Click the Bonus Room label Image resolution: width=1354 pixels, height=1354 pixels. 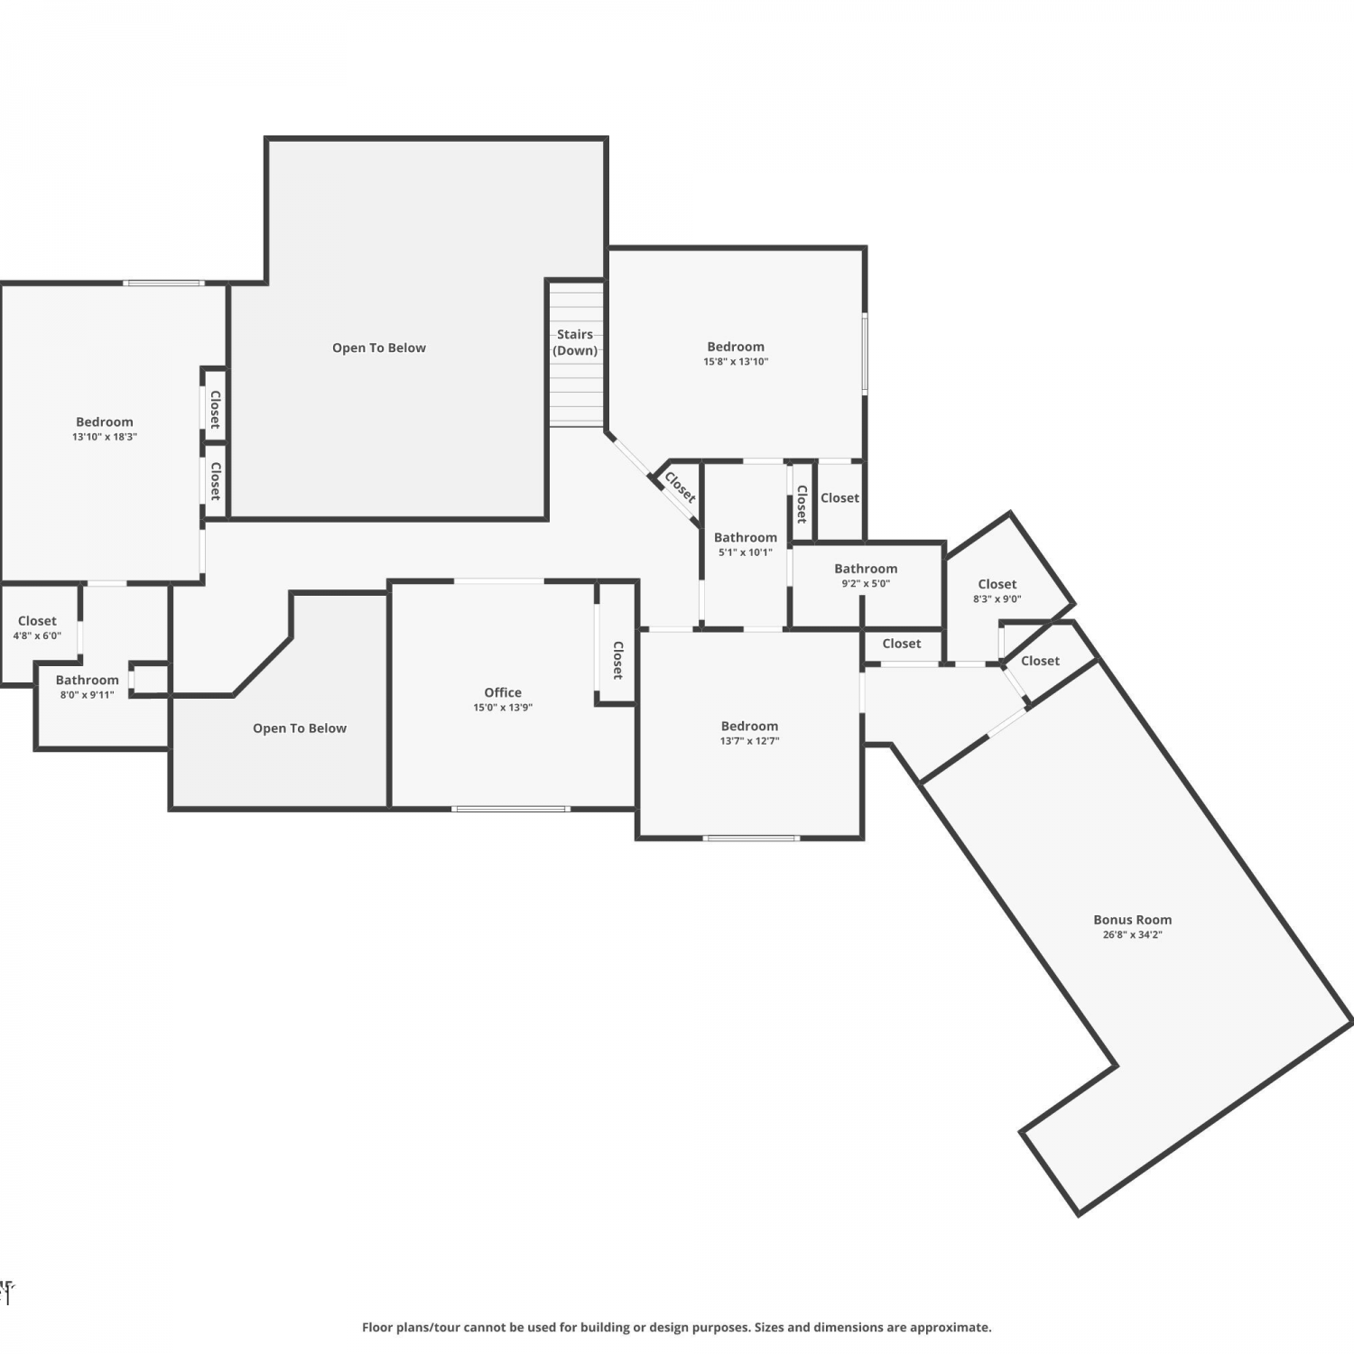click(x=1132, y=920)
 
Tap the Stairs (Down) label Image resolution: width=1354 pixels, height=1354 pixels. click(x=575, y=342)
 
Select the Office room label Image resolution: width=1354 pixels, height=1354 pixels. click(x=503, y=692)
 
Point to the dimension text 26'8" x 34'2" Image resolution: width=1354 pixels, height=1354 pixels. click(x=1132, y=935)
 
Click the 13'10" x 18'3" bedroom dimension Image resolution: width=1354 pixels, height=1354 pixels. click(x=105, y=437)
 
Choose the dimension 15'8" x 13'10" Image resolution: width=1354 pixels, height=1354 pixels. click(x=736, y=362)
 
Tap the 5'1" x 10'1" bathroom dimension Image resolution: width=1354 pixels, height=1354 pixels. click(x=746, y=552)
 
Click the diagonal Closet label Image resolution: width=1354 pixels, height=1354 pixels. click(x=680, y=487)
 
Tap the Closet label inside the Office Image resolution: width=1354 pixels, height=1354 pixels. click(x=617, y=660)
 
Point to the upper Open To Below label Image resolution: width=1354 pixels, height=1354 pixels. click(x=379, y=348)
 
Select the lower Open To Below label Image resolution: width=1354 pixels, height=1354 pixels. click(x=300, y=728)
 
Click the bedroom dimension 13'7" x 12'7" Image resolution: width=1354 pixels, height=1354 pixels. click(x=749, y=741)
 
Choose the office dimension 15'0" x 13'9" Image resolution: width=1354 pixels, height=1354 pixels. click(x=503, y=708)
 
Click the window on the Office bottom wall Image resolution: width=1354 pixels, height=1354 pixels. click(x=511, y=808)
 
